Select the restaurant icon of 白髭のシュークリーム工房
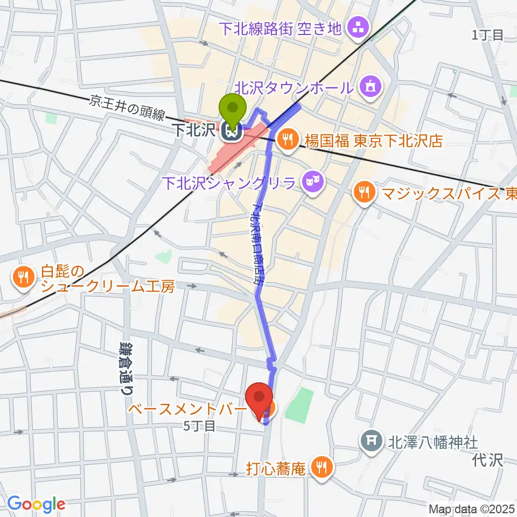23,277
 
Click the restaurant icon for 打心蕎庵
322,466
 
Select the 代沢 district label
487,460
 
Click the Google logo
36,504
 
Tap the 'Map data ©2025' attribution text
471,509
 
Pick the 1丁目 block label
487,36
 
